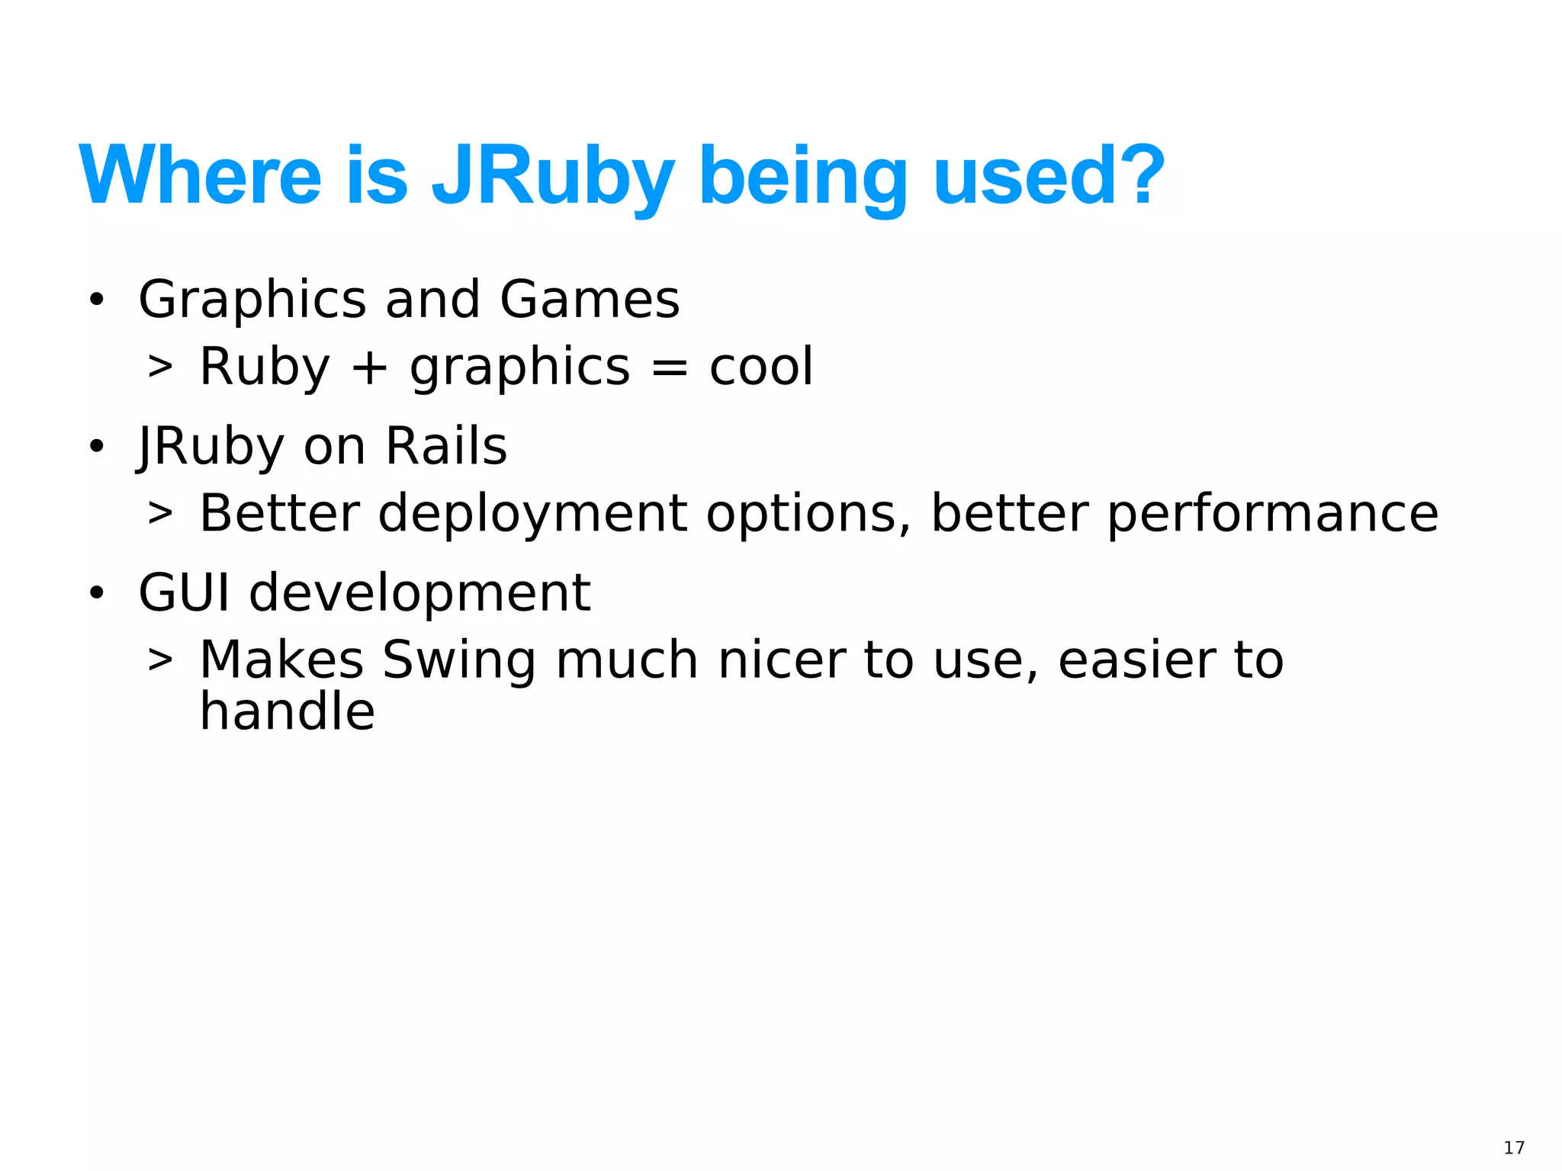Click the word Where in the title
200,176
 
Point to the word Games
589,299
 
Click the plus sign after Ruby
370,367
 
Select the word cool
761,367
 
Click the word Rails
446,446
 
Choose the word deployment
532,514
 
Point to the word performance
1272,514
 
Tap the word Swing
459,660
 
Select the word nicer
781,660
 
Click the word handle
287,711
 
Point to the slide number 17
1514,1148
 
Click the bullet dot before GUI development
96,593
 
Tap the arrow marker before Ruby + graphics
160,367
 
